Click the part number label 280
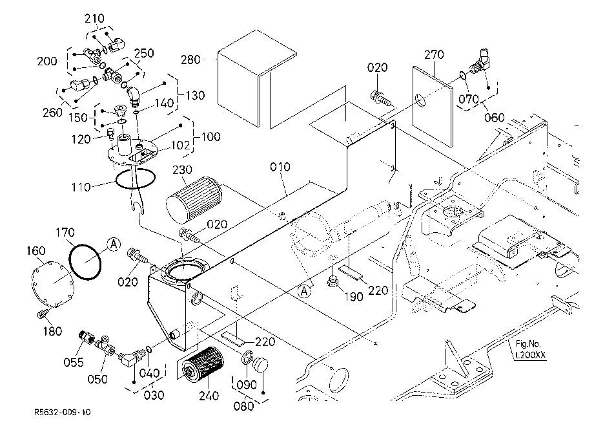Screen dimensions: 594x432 (190, 59)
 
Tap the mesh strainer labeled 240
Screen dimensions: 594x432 (203, 367)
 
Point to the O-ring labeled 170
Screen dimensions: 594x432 (85, 262)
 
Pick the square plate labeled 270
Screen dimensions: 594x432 (432, 106)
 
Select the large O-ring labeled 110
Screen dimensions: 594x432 (135, 178)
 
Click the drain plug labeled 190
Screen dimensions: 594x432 (333, 283)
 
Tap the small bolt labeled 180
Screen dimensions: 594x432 (42, 313)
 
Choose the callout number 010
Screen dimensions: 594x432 (280, 166)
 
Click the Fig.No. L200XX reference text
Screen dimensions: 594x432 (530, 349)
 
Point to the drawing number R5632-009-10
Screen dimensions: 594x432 (63, 413)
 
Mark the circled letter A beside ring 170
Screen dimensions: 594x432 (114, 244)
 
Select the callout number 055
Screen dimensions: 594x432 (73, 362)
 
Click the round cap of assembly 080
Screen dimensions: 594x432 (260, 365)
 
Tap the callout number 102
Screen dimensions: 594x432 (180, 145)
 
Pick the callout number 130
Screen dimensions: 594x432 (195, 95)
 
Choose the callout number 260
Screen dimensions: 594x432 (52, 113)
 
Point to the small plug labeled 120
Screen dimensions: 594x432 (110, 133)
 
